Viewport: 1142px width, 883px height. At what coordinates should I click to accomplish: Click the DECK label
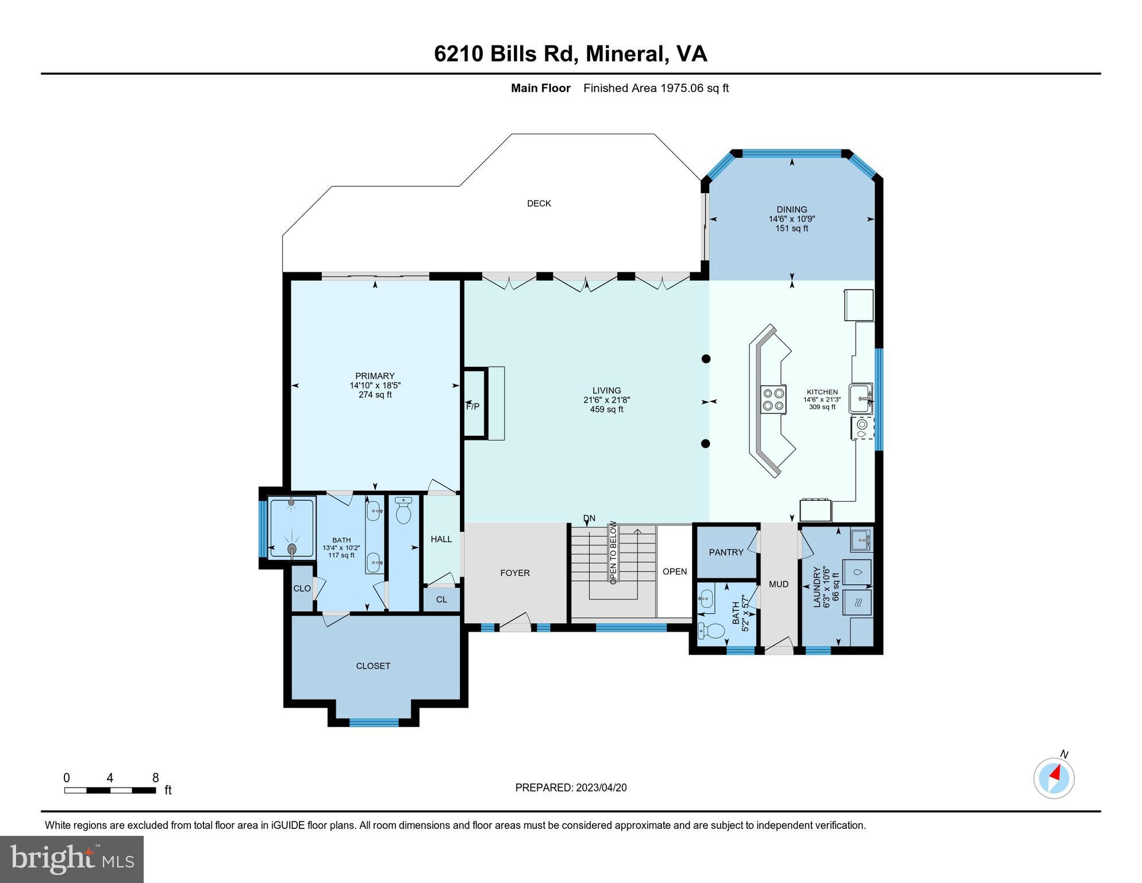tap(539, 204)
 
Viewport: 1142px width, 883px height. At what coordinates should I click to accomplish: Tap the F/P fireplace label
tap(472, 406)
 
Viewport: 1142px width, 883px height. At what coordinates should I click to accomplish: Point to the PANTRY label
tap(726, 552)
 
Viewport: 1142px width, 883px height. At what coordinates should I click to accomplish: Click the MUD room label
tap(778, 584)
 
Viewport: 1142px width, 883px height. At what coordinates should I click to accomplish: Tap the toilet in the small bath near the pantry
tap(713, 631)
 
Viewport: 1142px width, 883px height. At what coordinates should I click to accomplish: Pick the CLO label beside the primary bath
tap(302, 589)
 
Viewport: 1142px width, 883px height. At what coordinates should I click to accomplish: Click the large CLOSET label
tap(373, 666)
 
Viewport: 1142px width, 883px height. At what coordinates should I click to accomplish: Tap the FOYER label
tap(514, 573)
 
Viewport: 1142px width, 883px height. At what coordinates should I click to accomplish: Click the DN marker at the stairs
tap(589, 519)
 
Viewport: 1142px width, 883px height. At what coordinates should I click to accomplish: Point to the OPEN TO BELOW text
tap(613, 552)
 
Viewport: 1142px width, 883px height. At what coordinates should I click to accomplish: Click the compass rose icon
tap(1053, 778)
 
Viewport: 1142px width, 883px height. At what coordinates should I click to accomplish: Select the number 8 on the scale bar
tap(155, 778)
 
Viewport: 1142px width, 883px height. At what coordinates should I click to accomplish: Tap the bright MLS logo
tap(72, 859)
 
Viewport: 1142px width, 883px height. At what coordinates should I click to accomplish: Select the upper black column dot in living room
tap(706, 359)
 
